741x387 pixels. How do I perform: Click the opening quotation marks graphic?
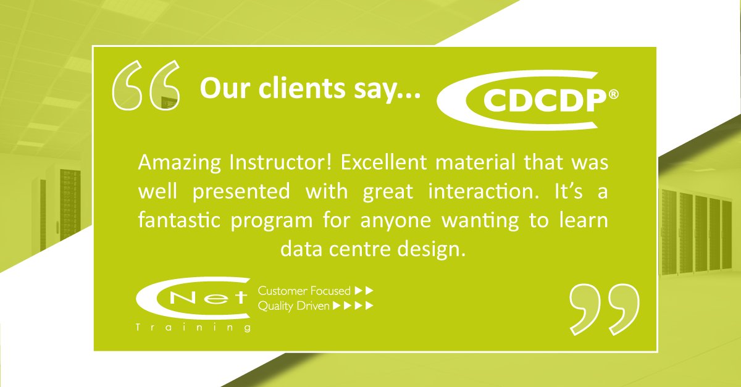146,88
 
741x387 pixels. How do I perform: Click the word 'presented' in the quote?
241,191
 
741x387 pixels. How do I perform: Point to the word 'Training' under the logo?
193,327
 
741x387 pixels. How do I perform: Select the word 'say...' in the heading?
390,91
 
